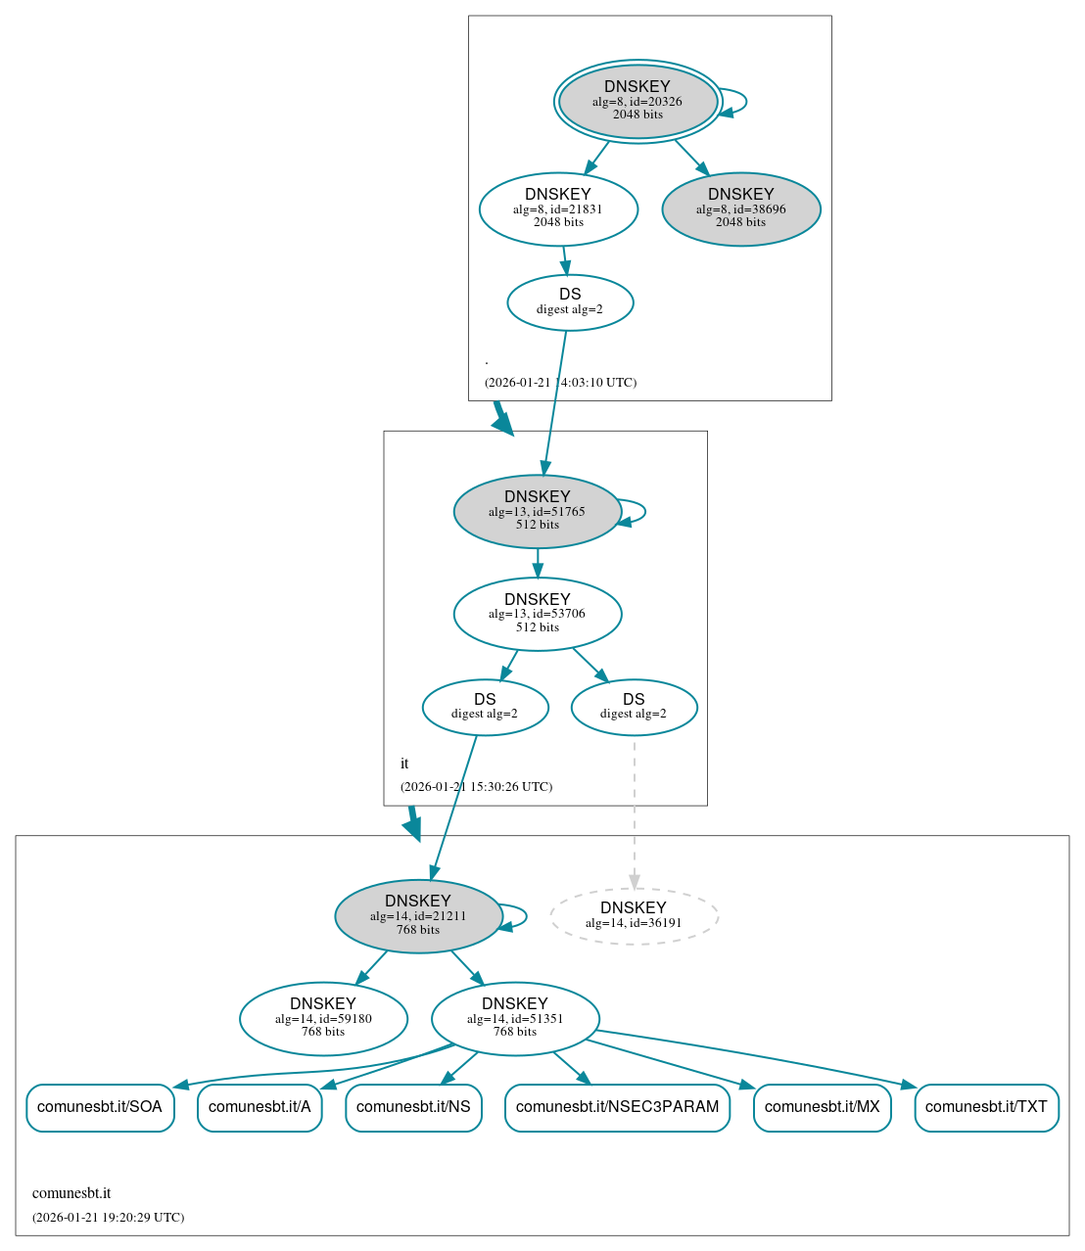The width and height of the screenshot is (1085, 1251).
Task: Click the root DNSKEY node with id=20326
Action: click(x=637, y=101)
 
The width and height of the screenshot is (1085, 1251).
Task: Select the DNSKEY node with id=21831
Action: click(x=558, y=208)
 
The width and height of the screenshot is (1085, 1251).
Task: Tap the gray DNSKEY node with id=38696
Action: click(x=741, y=208)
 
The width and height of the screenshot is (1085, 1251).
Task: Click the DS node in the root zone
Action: click(x=570, y=302)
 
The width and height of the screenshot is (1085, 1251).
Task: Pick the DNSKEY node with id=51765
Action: click(x=537, y=511)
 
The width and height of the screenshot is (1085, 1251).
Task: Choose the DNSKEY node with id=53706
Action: click(x=537, y=614)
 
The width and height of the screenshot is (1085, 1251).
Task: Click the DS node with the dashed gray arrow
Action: click(x=634, y=707)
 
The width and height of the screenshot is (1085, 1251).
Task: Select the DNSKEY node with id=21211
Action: click(x=418, y=916)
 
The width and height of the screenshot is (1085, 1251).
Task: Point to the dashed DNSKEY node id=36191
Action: click(x=634, y=916)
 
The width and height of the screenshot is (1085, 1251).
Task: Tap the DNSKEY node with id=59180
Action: click(x=323, y=1019)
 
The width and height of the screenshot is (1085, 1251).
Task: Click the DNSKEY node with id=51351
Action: click(x=515, y=1019)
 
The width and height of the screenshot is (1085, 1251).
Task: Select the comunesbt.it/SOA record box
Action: click(x=100, y=1107)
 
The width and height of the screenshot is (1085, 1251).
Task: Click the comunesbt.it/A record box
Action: click(x=259, y=1107)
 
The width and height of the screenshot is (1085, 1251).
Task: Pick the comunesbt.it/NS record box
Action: click(x=413, y=1107)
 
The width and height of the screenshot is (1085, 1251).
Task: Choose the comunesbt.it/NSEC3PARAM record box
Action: click(x=617, y=1107)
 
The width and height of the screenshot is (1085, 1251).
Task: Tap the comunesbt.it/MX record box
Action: click(x=822, y=1107)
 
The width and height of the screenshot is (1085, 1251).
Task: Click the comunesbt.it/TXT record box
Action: click(x=986, y=1107)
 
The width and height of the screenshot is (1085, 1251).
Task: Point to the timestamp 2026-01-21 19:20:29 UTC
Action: click(x=108, y=1218)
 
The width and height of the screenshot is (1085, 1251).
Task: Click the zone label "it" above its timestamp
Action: click(x=404, y=764)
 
